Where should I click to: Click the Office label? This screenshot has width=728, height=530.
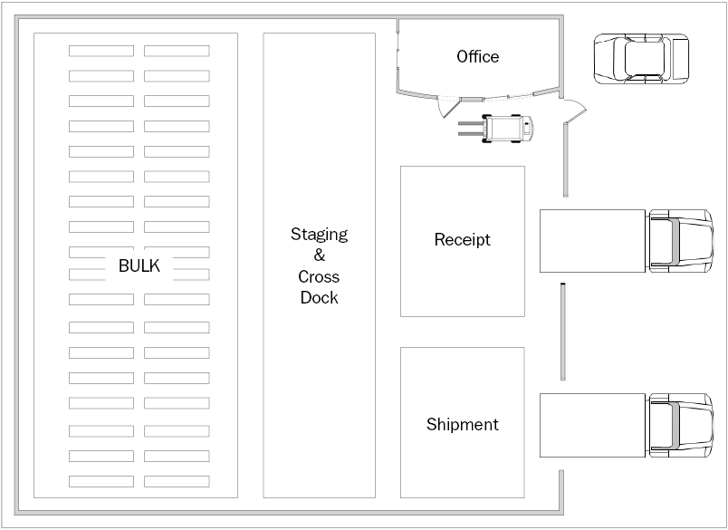[478, 57]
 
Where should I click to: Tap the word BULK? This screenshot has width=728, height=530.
[139, 265]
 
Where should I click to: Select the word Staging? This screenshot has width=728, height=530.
[320, 235]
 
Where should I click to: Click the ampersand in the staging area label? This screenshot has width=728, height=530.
[320, 255]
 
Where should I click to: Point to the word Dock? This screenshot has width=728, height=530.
[320, 297]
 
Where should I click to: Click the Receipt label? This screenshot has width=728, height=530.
[463, 240]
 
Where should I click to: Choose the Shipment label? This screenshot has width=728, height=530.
[463, 425]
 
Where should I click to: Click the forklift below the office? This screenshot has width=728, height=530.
[496, 129]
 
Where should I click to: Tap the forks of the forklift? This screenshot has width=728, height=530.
[471, 129]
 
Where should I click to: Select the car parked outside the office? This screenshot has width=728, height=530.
[642, 59]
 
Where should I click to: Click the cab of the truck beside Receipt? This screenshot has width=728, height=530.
[681, 241]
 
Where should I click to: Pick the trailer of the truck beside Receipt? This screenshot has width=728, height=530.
[592, 241]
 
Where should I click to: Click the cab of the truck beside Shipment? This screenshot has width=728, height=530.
[681, 426]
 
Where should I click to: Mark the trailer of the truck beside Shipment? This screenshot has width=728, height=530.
[592, 426]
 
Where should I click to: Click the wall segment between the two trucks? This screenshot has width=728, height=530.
[563, 332]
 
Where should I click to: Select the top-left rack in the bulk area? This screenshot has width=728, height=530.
[101, 51]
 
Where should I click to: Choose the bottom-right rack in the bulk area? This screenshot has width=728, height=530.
[177, 482]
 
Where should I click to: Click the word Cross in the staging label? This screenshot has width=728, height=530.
[320, 277]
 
